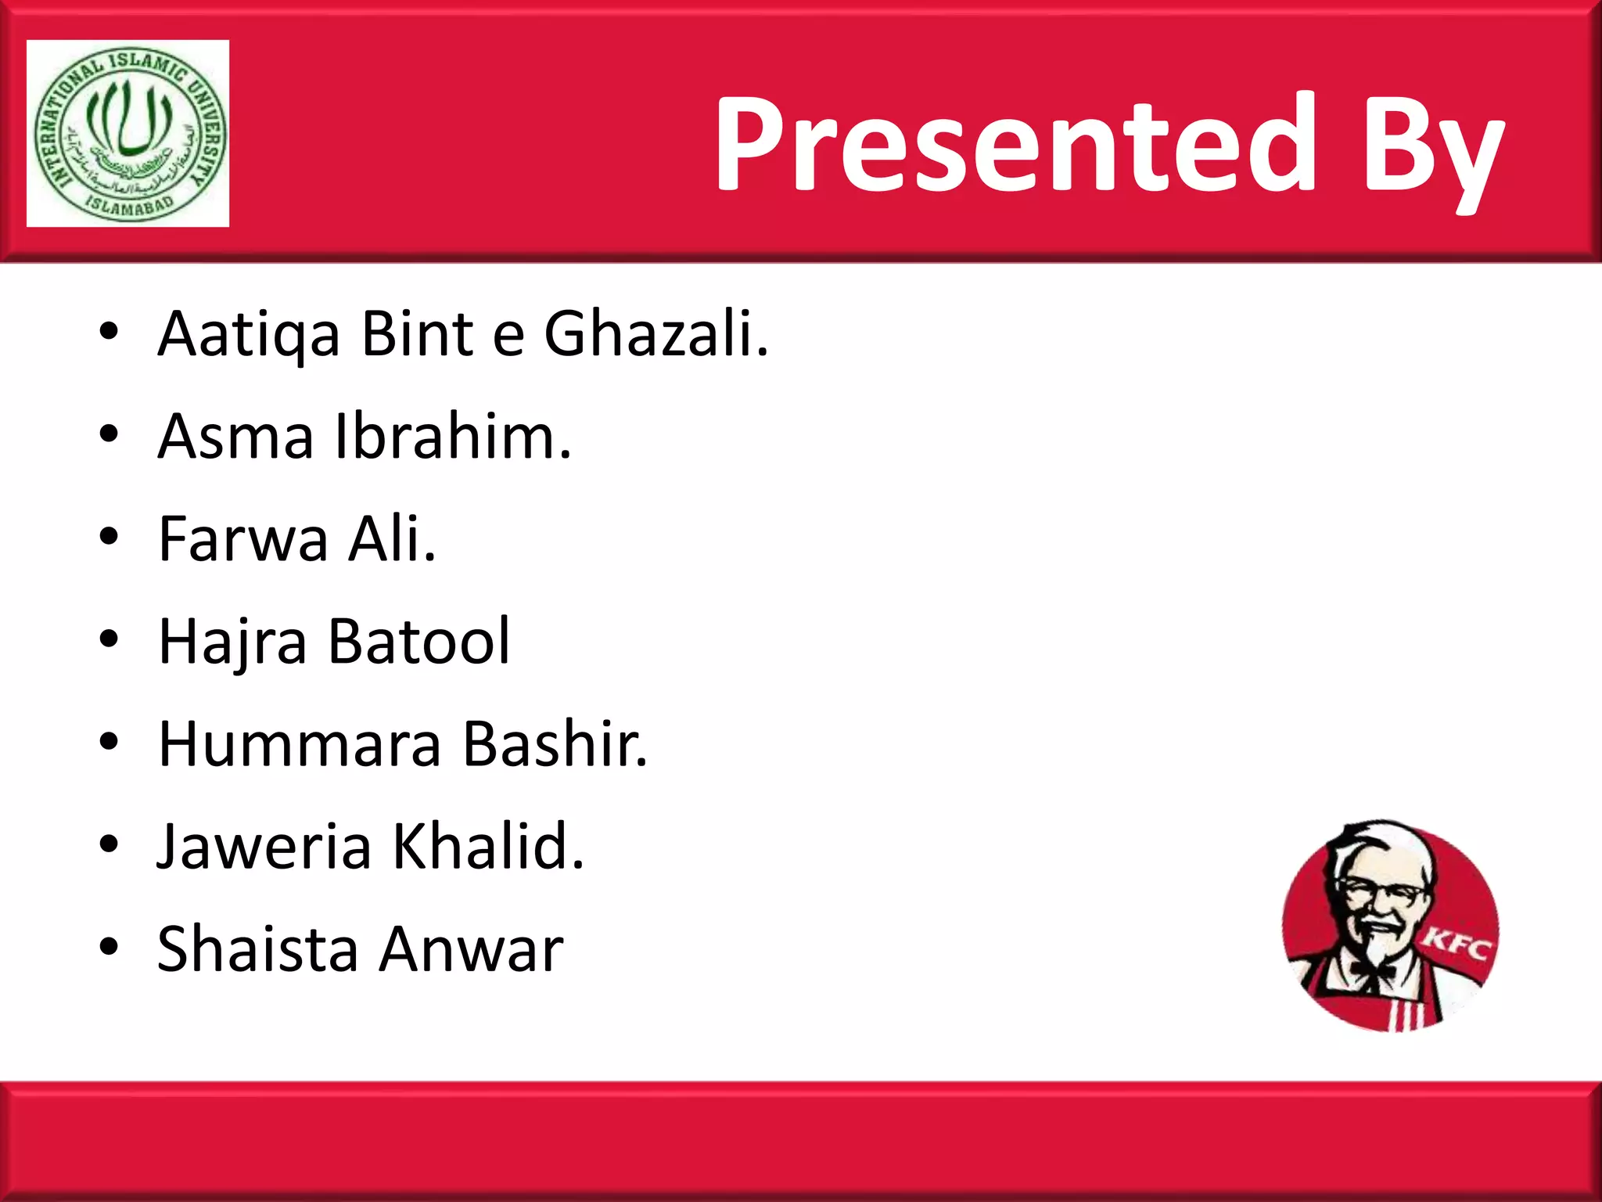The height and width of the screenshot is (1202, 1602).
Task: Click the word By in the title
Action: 1431,149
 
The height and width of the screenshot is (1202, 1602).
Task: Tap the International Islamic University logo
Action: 128,134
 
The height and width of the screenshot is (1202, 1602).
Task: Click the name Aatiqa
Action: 249,335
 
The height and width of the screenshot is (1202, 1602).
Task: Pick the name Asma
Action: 235,437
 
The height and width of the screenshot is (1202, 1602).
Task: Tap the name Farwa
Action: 243,539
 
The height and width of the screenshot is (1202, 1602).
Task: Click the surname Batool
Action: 418,642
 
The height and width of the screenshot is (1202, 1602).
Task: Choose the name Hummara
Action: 300,744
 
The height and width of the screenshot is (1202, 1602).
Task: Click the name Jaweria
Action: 264,847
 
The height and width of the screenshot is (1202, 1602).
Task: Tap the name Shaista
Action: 257,949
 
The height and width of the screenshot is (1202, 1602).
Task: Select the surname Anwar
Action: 472,950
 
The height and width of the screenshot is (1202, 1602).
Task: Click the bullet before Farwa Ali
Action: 109,538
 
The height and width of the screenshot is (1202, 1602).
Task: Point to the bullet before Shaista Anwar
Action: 109,948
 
